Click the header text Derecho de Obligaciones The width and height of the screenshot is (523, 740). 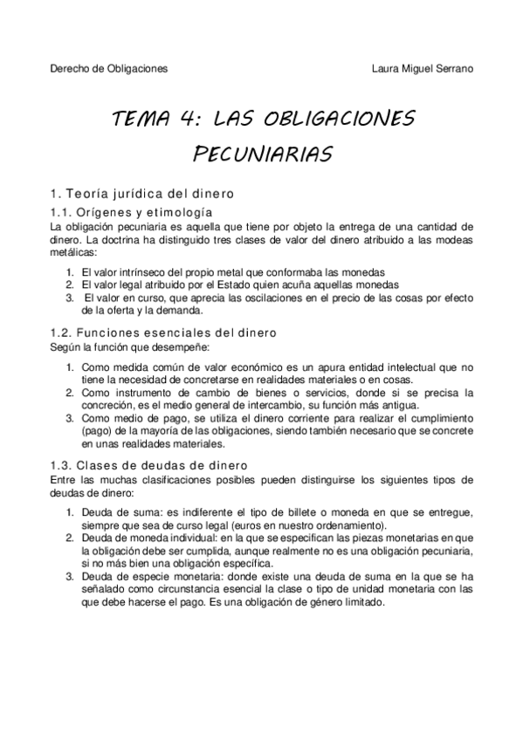(108, 67)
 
